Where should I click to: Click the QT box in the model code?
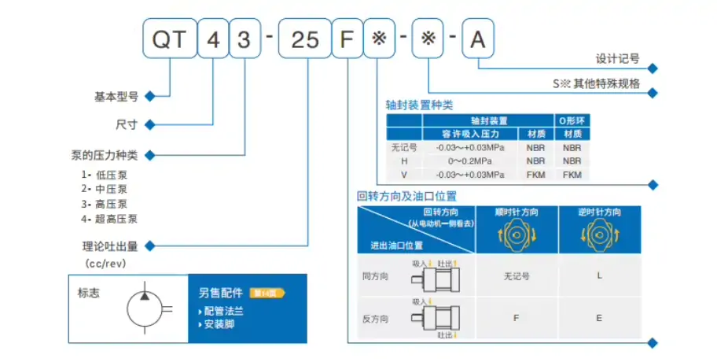169,39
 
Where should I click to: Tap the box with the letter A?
477,39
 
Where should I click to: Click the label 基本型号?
116,97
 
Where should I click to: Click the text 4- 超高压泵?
109,219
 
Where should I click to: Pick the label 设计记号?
618,58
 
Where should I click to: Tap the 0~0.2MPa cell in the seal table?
472,161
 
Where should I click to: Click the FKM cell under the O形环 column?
572,174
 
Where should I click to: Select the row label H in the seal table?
404,161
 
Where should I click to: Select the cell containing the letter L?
599,276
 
